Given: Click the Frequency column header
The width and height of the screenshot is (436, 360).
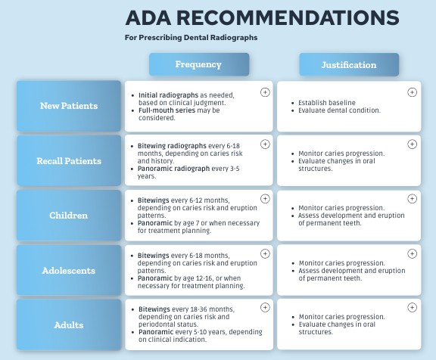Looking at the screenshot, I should point(198,64).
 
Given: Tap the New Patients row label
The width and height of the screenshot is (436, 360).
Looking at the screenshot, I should point(68,106).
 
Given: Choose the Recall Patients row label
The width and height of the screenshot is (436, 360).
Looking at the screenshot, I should point(68,160).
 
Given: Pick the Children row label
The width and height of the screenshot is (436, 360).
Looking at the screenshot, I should point(68,216).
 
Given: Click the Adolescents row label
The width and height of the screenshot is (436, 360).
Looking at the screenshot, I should point(68,270).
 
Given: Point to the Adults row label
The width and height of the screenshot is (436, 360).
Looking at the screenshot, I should point(68,325).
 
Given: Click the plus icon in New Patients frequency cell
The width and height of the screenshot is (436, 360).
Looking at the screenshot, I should point(264,92).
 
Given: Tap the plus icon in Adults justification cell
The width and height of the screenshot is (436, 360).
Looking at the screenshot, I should point(412,308).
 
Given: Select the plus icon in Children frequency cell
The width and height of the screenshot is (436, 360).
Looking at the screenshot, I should point(264,198).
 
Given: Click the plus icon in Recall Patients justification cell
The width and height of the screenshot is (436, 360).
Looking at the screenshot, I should point(412,144).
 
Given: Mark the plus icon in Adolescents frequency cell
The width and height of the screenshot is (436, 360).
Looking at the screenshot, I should point(264,253).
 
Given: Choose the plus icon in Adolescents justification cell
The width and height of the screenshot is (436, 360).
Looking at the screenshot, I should point(412,253).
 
